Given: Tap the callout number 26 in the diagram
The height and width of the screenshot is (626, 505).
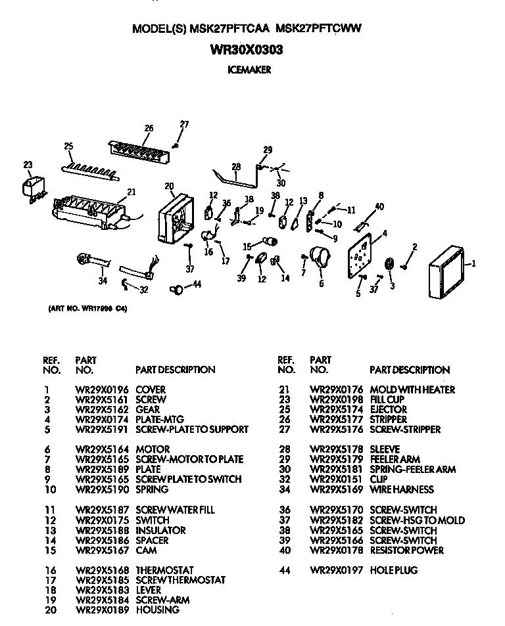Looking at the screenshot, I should pos(149,128).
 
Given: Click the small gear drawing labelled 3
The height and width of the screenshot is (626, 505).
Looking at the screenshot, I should pos(389,263).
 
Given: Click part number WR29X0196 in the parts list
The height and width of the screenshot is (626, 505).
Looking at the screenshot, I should pos(102,390).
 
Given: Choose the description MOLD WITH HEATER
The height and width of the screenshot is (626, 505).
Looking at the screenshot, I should pos(412,390).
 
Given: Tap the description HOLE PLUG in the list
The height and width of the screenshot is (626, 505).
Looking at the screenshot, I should pos(394,570).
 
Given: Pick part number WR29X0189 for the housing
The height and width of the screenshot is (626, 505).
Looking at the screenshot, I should pos(102,610).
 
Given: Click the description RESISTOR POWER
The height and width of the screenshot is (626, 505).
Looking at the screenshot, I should pos(407,550).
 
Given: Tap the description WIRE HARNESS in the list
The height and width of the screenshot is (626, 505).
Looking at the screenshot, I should pos(402,489).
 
